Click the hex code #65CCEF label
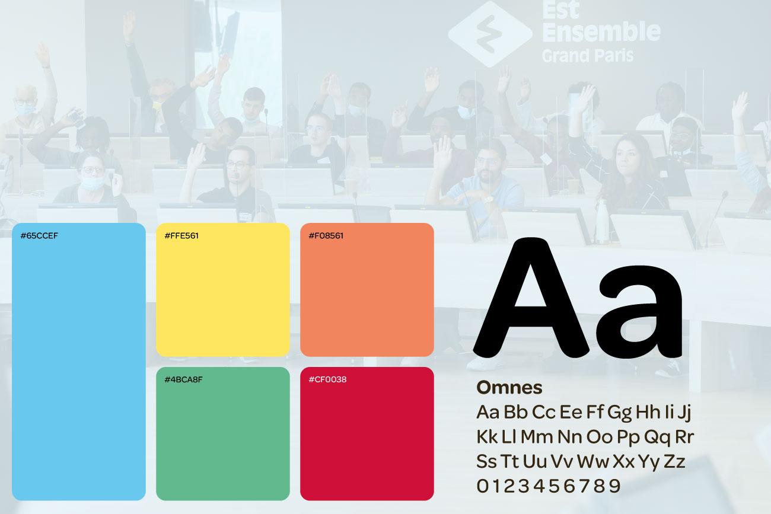click(x=39, y=236)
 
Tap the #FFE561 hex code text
click(x=181, y=236)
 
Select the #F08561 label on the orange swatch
click(x=326, y=236)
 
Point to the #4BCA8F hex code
click(x=183, y=379)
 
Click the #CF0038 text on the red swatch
click(x=327, y=379)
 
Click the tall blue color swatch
click(x=79, y=362)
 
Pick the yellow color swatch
click(x=222, y=290)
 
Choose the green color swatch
click(x=222, y=433)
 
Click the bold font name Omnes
click(x=509, y=387)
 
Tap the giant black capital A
click(x=532, y=298)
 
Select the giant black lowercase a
click(x=639, y=312)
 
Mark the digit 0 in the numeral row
click(x=483, y=486)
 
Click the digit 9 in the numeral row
click(x=615, y=486)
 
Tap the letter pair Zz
click(x=674, y=461)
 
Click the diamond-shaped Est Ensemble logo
click(x=490, y=34)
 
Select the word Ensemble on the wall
click(x=601, y=31)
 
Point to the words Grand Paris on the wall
click(x=588, y=56)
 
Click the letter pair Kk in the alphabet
click(x=487, y=436)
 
